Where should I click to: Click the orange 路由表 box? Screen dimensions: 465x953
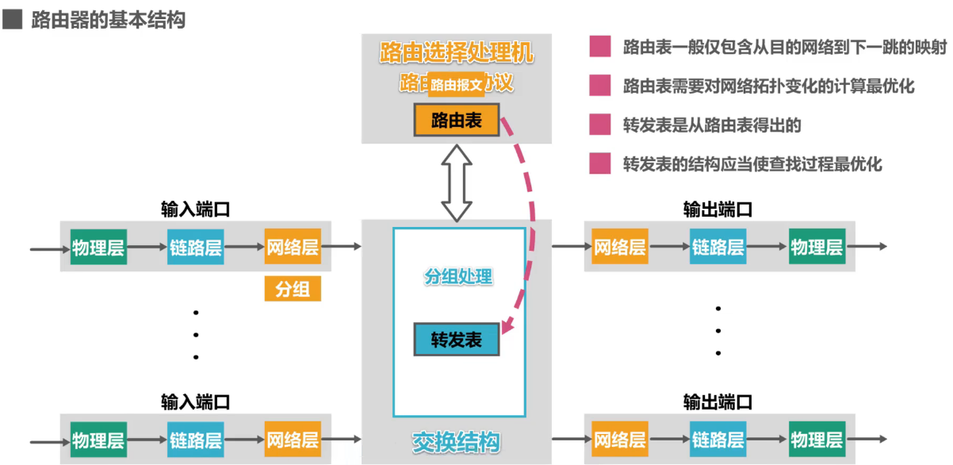point(457,121)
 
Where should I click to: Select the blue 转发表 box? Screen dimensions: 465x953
point(457,340)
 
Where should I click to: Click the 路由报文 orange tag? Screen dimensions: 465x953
point(457,85)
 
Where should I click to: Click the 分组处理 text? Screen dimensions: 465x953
point(458,277)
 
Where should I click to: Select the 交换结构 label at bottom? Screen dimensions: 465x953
point(457,442)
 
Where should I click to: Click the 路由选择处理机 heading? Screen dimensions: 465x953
point(457,54)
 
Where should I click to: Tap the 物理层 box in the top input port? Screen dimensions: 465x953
point(98,247)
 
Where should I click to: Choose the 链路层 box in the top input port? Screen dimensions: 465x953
point(195,247)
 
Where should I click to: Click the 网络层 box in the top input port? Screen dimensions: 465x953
point(293,247)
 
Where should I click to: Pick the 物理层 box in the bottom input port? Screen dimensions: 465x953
point(98,440)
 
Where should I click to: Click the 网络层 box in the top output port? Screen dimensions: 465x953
point(620,247)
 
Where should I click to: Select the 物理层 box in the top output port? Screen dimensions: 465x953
point(817,247)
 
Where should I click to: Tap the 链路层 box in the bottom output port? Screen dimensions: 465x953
point(718,440)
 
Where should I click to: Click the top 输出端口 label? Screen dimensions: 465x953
point(718,209)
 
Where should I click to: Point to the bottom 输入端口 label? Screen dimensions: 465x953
point(195,402)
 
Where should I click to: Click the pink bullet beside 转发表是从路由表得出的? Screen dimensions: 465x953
point(600,125)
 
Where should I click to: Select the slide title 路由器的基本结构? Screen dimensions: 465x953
point(108,20)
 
